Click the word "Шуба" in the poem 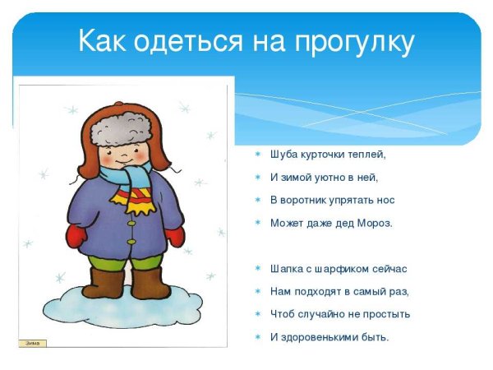coord(283,154)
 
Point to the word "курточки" coord(328,154)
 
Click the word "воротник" coord(309,200)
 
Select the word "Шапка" coord(286,269)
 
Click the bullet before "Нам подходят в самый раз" coord(256,292)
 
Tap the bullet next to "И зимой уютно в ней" coord(256,177)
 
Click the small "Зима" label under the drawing coord(32,344)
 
